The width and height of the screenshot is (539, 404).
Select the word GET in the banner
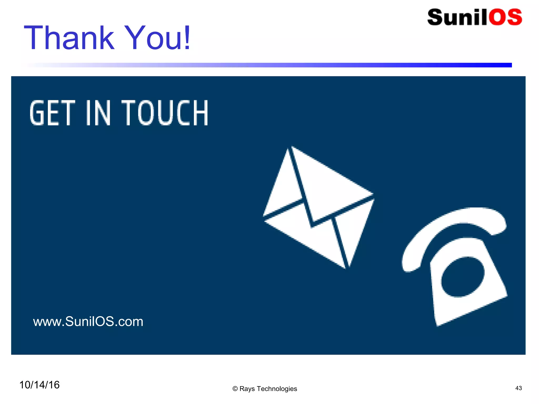(x=52, y=113)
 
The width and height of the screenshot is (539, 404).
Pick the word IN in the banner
(x=98, y=113)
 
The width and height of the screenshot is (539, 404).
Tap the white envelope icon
(x=318, y=208)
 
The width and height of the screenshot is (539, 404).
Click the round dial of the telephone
(x=463, y=277)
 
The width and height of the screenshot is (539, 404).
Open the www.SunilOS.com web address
(x=88, y=321)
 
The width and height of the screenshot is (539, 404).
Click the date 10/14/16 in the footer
(x=39, y=385)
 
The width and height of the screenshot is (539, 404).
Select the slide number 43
(x=518, y=388)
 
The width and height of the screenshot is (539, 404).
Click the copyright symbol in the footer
(x=235, y=389)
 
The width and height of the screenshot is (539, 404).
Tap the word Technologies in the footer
(x=277, y=389)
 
